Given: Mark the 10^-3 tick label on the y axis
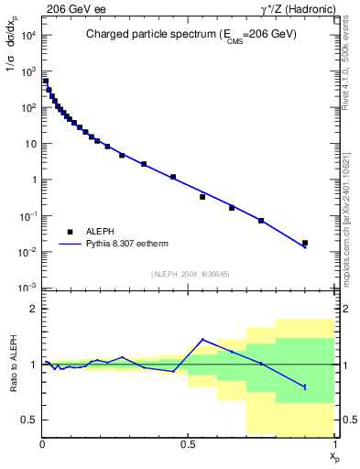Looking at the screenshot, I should tap(27, 288).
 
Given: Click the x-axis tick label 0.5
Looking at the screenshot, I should tap(188, 444).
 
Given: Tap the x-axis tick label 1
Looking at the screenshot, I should tap(334, 444).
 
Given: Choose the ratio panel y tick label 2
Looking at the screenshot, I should tap(33, 309).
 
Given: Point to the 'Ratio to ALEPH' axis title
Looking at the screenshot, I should tap(12, 365).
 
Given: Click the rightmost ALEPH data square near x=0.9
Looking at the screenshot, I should tap(305, 243).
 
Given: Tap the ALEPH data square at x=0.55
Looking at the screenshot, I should tap(202, 197).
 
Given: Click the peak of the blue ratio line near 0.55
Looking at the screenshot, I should tap(202, 340).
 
